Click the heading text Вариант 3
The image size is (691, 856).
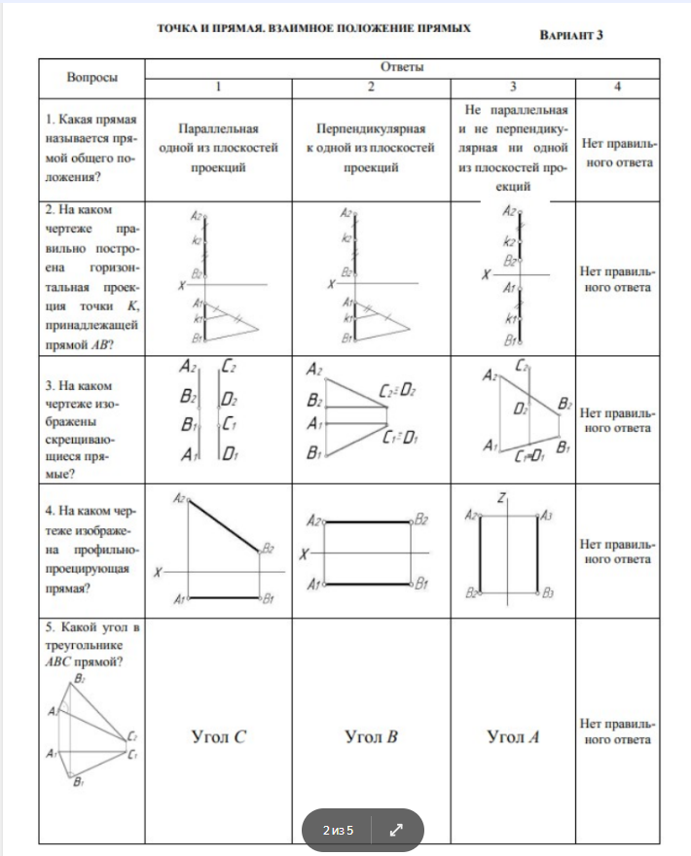coord(571,35)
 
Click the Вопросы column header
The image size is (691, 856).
coord(92,76)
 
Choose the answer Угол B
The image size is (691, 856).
coord(371,736)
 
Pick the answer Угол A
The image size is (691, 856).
coord(513,736)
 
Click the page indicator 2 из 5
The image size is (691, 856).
coord(339,831)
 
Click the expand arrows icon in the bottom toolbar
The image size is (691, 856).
coord(396,831)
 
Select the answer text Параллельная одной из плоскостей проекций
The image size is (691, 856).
coord(218,147)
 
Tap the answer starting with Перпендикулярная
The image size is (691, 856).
coord(371,147)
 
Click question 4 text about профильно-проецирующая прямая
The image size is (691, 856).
coord(92,550)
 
